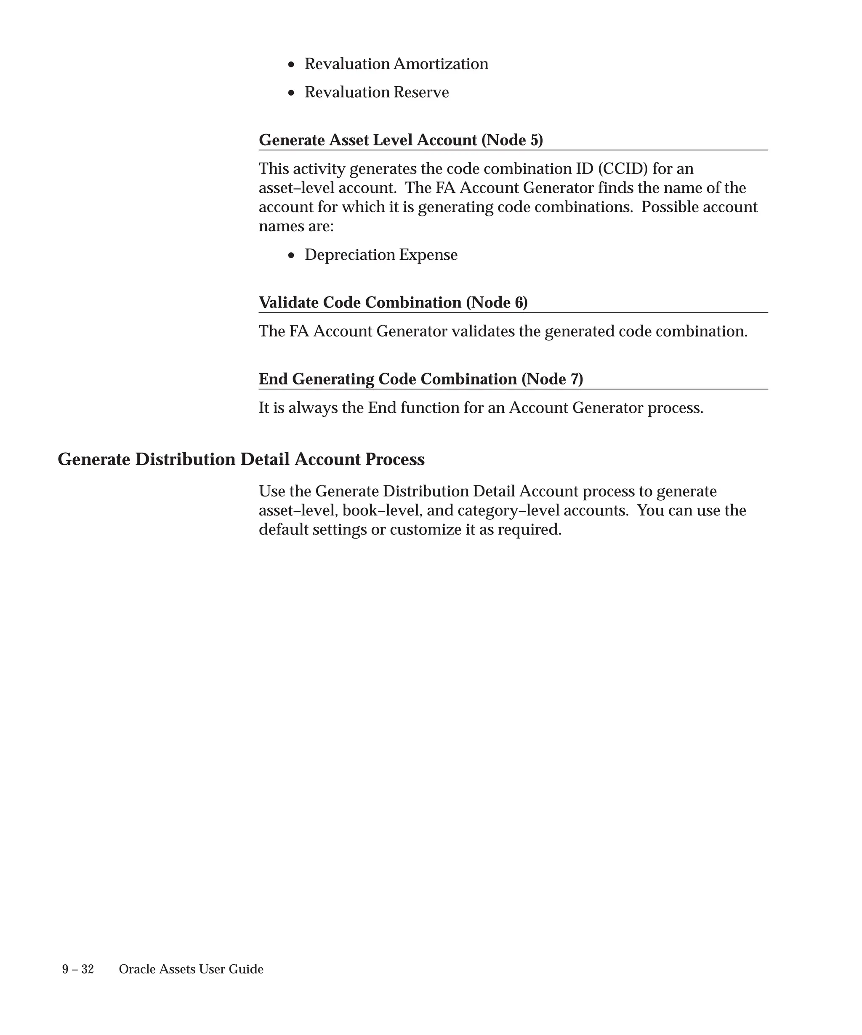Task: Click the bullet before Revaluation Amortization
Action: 292,64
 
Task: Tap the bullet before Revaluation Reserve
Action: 292,93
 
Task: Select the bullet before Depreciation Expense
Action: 292,256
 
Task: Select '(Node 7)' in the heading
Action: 552,379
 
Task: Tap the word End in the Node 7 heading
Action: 274,379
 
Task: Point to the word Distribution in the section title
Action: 185,460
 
